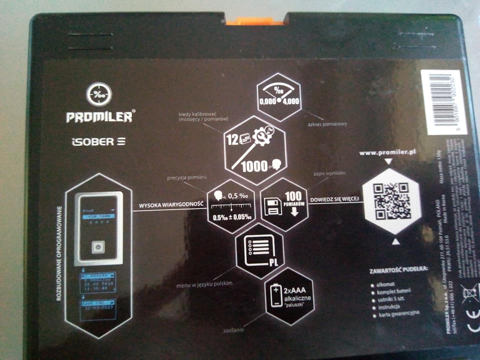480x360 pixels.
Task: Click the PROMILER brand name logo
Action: (99, 117)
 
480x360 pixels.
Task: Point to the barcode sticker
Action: (443, 102)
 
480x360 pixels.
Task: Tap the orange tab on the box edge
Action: (254, 20)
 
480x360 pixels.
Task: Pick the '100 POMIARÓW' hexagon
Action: (284, 202)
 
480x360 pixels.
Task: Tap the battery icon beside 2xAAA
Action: (276, 295)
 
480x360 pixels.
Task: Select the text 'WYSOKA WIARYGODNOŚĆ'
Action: (171, 204)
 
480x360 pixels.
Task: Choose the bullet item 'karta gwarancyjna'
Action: (400, 315)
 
